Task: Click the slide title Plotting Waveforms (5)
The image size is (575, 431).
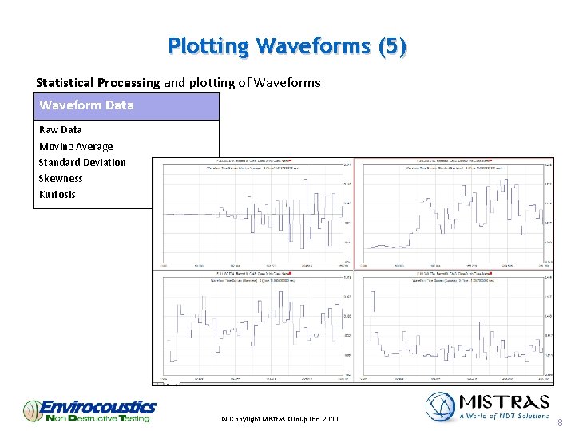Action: pyautogui.click(x=287, y=46)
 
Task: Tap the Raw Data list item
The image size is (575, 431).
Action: pyautogui.click(x=61, y=129)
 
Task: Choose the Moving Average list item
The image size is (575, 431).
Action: pyautogui.click(x=76, y=146)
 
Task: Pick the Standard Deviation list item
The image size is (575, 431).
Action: pyautogui.click(x=82, y=162)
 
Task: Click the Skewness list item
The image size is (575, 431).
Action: pyautogui.click(x=61, y=178)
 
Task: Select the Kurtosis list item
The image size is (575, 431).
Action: pyautogui.click(x=57, y=194)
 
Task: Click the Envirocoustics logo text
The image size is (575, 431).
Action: pyautogui.click(x=97, y=407)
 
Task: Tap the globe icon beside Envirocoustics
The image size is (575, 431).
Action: pyautogui.click(x=32, y=410)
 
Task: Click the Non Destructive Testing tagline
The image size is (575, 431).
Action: pyautogui.click(x=97, y=418)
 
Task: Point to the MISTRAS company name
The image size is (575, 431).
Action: pyautogui.click(x=503, y=401)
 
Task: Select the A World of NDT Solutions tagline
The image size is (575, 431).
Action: pyautogui.click(x=504, y=416)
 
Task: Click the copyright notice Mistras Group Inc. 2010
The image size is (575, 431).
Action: pyautogui.click(x=280, y=419)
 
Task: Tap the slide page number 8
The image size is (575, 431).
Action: pyautogui.click(x=560, y=422)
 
